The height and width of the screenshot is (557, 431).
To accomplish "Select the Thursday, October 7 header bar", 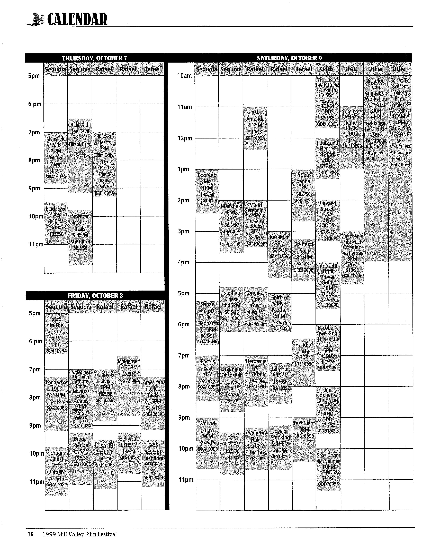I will pyautogui.click(x=94, y=58).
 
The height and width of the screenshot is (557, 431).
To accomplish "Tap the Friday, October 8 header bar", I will pyautogui.click(x=95, y=295).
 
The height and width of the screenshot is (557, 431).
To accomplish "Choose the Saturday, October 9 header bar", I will pyautogui.click(x=289, y=58).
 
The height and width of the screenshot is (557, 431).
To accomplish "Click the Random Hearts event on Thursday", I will pyautogui.click(x=104, y=164).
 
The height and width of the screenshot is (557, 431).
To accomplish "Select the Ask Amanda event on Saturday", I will pyautogui.click(x=255, y=125).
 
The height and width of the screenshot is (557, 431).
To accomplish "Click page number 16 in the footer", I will pyautogui.click(x=30, y=534).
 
